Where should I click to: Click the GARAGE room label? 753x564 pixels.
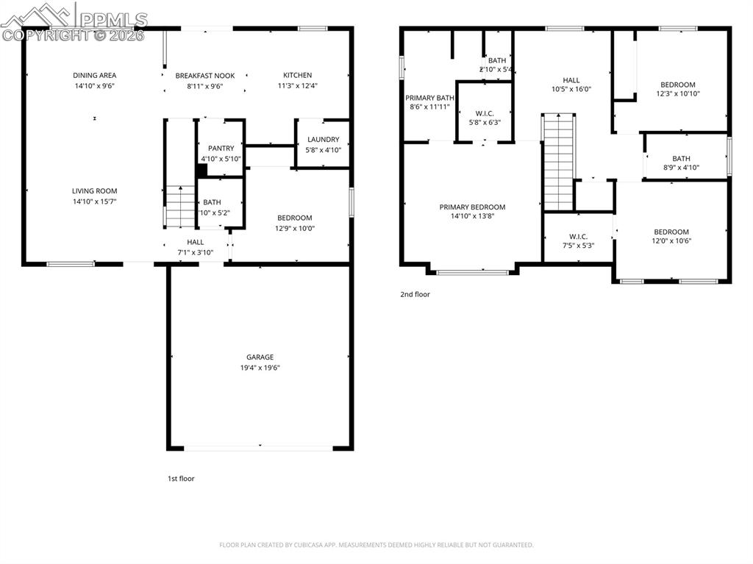tap(260, 357)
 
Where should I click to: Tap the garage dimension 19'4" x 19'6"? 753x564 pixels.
tap(260, 368)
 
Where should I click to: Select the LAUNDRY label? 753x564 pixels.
tap(323, 140)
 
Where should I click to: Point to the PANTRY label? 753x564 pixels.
tap(221, 149)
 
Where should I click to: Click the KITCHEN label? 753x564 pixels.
tap(297, 75)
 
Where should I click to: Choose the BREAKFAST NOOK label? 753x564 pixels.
tap(204, 75)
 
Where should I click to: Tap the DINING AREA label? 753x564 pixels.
tap(94, 75)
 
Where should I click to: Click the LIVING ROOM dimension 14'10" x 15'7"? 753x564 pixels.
tap(95, 201)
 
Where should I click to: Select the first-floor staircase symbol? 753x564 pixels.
tap(179, 207)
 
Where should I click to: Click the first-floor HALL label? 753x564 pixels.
tap(195, 243)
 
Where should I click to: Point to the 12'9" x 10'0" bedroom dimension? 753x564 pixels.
tap(294, 228)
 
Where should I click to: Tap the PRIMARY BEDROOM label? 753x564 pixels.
tap(472, 207)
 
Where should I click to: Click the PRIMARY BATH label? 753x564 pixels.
tap(429, 98)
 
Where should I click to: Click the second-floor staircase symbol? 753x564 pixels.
tap(558, 162)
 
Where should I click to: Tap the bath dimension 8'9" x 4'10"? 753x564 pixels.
tap(681, 168)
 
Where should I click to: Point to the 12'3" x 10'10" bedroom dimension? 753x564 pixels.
tap(677, 94)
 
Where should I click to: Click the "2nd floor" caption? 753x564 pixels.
tap(415, 294)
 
